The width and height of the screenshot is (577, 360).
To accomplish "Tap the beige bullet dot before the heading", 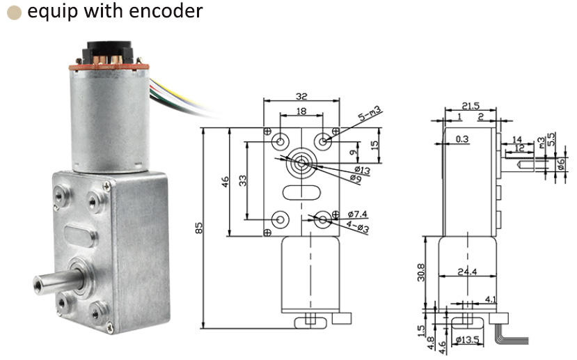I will pyautogui.click(x=13, y=13).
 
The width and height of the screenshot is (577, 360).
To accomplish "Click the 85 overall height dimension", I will pyautogui.click(x=198, y=228).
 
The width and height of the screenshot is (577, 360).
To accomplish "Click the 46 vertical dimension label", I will pyautogui.click(x=224, y=182).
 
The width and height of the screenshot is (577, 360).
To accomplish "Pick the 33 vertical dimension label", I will pyautogui.click(x=242, y=182).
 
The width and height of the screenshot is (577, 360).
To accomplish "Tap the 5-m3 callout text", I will pyautogui.click(x=372, y=111).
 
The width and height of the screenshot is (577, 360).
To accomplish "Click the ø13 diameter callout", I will pyautogui.click(x=362, y=170).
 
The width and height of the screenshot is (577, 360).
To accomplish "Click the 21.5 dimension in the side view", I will pyautogui.click(x=471, y=106).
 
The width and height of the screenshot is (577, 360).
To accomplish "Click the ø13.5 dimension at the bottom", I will pyautogui.click(x=468, y=341).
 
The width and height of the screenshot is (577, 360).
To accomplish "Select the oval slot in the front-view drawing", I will pyautogui.click(x=301, y=192).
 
